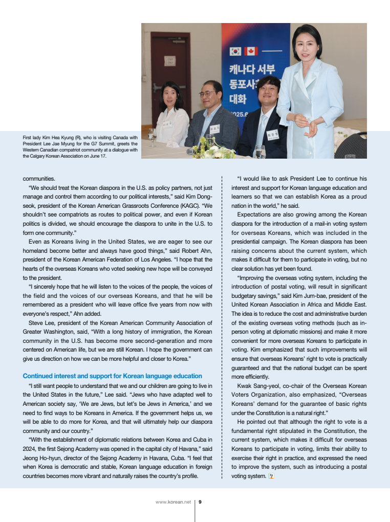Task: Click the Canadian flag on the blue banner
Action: (x=251, y=51)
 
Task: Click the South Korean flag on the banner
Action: (x=235, y=51)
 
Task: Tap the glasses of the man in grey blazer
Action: (x=208, y=94)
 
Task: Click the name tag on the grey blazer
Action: (x=214, y=129)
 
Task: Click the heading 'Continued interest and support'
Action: (x=112, y=376)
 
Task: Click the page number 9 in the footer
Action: (x=200, y=502)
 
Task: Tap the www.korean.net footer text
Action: (x=173, y=502)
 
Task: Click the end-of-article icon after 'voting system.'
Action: (x=271, y=476)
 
